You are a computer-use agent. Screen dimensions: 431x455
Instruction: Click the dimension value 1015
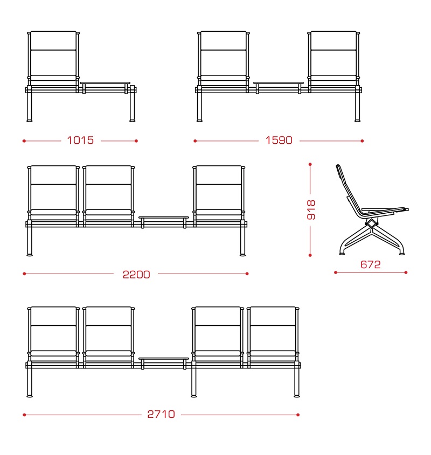(80, 141)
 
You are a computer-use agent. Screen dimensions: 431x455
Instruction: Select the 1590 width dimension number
(279, 141)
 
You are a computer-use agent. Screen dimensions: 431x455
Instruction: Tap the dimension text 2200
(136, 275)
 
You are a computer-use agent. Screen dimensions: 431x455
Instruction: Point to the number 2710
(161, 415)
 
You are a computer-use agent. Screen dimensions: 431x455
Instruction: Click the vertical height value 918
(311, 210)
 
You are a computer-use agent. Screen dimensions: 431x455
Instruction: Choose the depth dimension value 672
(371, 264)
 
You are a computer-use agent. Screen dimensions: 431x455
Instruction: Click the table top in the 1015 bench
(105, 83)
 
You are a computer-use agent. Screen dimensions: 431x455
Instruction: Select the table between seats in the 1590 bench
(279, 83)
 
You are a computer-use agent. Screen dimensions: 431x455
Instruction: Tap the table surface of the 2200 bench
(164, 218)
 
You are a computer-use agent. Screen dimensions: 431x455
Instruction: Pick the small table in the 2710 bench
(164, 359)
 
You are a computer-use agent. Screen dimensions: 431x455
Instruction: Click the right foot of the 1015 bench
(133, 120)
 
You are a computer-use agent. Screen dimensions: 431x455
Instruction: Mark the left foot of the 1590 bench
(199, 120)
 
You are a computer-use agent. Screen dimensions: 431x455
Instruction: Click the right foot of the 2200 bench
(243, 255)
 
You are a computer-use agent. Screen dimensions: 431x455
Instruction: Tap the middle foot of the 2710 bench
(194, 396)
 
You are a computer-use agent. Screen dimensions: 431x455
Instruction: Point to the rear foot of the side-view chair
(343, 254)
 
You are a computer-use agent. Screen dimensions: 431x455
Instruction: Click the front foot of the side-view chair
(402, 254)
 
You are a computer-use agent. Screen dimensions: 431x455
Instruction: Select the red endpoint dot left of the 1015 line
(24, 141)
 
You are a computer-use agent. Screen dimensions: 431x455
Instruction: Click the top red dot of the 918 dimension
(310, 164)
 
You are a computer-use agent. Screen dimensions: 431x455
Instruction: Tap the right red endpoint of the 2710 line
(298, 415)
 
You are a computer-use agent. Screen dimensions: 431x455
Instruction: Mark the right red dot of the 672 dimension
(406, 272)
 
